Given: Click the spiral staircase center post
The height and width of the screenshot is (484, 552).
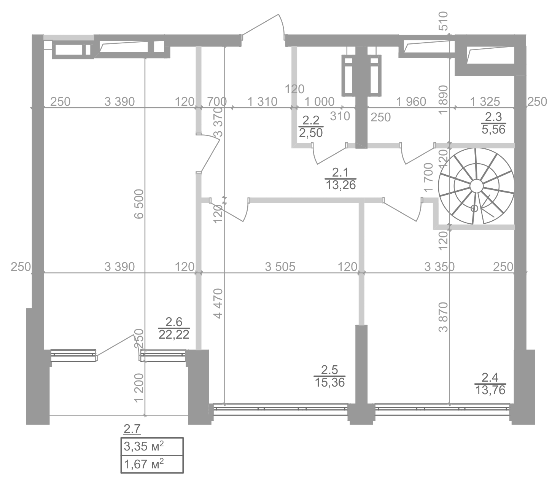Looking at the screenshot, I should tap(475, 186).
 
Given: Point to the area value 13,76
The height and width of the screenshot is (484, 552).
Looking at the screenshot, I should tap(490, 390).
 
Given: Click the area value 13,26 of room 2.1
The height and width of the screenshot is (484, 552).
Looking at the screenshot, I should tap(341, 185).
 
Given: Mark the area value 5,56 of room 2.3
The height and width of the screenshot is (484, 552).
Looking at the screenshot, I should tap(493, 129).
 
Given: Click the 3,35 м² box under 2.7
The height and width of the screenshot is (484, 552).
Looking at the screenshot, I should tap(152, 446).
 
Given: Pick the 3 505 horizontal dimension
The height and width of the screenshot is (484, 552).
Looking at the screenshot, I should tap(280, 267).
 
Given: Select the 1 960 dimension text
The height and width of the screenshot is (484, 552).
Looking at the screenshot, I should tap(411, 102).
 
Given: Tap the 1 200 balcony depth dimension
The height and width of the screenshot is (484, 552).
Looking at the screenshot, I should tap(139, 387).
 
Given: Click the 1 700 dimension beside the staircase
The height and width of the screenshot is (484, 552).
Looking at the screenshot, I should tap(429, 177).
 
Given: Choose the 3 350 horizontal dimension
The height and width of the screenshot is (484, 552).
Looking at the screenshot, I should tap(439, 267).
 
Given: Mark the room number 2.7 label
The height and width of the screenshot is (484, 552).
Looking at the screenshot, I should tap(132, 430).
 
